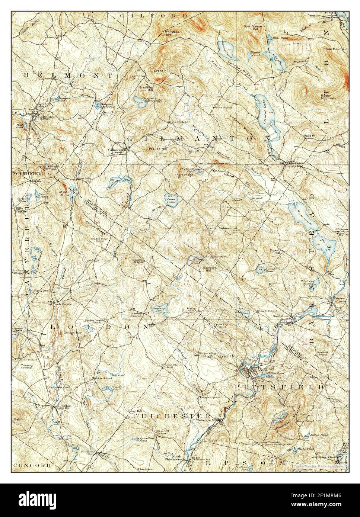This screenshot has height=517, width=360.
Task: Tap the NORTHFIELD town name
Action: click(x=28, y=174)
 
